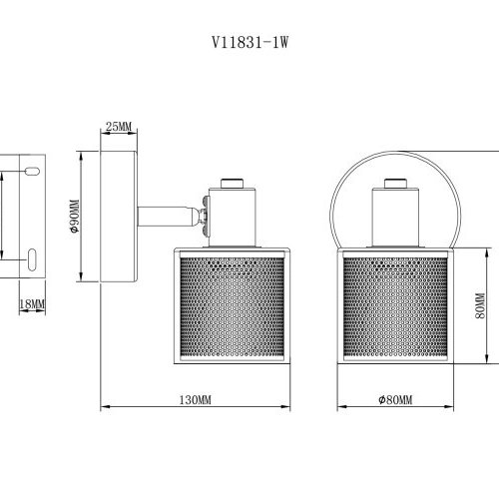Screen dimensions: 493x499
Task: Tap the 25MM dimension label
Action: pyautogui.click(x=118, y=126)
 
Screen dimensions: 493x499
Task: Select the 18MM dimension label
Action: pyautogui.click(x=32, y=302)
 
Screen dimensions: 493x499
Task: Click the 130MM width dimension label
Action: pyautogui.click(x=197, y=399)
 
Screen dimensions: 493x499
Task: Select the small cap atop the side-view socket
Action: pyautogui.click(x=230, y=182)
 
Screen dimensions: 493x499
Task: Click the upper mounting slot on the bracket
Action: pyautogui.click(x=33, y=171)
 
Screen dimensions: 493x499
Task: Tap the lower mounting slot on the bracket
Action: pyautogui.click(x=33, y=259)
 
